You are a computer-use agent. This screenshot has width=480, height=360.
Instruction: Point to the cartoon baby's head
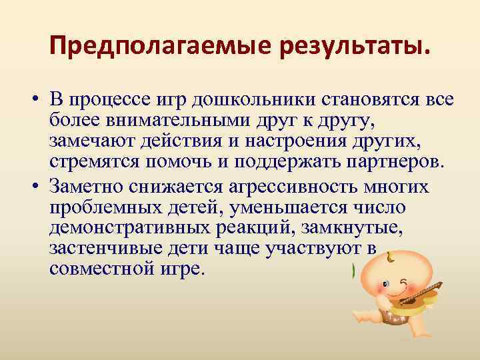[394, 274]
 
